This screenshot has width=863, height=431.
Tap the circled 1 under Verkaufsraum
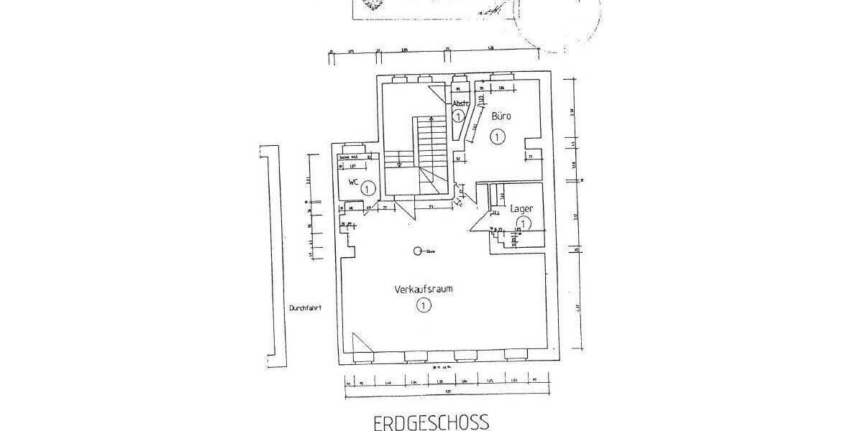(422, 307)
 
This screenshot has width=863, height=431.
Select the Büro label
(501, 115)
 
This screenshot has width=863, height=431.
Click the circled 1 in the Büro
(497, 136)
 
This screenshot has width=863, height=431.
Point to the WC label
(353, 182)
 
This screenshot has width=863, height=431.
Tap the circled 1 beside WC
(367, 189)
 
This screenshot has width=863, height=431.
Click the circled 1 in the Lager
(524, 223)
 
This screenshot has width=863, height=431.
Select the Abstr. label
(460, 103)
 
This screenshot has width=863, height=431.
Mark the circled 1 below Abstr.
(458, 115)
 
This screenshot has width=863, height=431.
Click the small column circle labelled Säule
(417, 251)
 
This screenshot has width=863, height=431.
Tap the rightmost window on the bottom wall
(515, 355)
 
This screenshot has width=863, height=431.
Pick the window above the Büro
(501, 76)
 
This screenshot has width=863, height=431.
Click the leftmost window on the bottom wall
(415, 355)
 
